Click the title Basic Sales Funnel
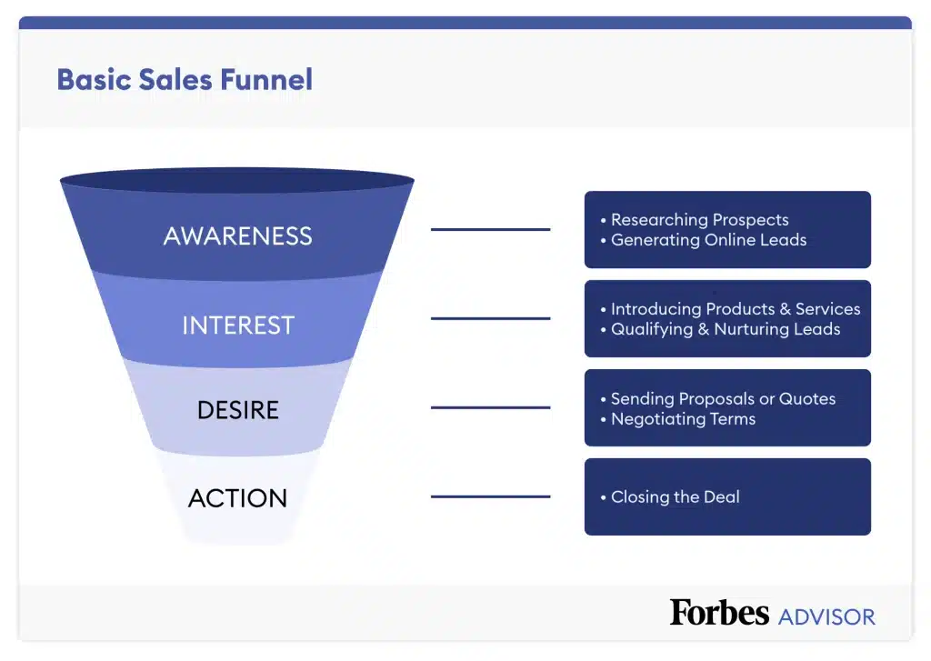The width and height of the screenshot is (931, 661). coord(185,79)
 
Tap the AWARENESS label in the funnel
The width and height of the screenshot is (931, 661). coord(237,236)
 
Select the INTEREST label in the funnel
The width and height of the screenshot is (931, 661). coord(238,325)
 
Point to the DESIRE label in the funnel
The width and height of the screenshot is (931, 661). coord(237,411)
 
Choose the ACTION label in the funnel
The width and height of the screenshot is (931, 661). coord(237,498)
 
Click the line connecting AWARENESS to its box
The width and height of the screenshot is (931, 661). coord(490,230)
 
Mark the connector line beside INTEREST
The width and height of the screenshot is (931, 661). coord(490,319)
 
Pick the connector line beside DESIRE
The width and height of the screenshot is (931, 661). coord(490,408)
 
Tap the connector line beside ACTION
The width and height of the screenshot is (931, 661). coord(490,497)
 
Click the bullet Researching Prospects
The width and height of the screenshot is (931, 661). coord(699,220)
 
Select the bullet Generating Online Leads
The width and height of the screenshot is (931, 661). coord(708,240)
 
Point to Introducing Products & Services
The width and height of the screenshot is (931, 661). coord(735,309)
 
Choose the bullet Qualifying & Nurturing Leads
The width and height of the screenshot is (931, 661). coord(725,329)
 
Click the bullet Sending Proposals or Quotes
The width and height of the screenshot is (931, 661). coord(723,398)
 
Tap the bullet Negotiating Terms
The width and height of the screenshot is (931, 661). coord(683,418)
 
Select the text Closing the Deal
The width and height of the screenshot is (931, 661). coord(675,496)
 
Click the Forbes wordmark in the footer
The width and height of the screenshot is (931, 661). coord(719,613)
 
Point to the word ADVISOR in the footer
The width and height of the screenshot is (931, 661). coord(826,616)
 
